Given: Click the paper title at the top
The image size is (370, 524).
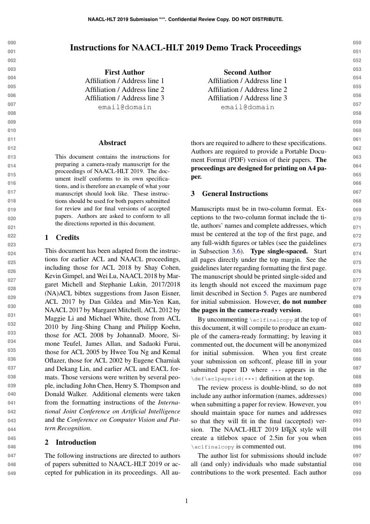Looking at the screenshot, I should tap(185, 48).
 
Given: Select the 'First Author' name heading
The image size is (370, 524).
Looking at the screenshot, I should tap(124, 72).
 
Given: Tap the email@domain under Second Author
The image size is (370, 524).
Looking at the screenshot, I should tap(247, 107).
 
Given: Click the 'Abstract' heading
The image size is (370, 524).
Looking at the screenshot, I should tap(112, 143).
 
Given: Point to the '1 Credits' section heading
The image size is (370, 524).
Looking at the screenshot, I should tap(62, 237).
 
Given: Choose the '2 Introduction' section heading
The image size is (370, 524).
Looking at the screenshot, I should tap(70, 442).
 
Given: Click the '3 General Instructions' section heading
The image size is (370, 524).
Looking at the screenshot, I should tap(229, 193).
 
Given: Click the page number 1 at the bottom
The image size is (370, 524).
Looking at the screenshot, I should tap(186, 501).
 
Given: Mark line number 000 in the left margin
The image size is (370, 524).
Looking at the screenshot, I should tap(12, 43).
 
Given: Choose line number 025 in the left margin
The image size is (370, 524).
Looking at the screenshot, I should tap(12, 262).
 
